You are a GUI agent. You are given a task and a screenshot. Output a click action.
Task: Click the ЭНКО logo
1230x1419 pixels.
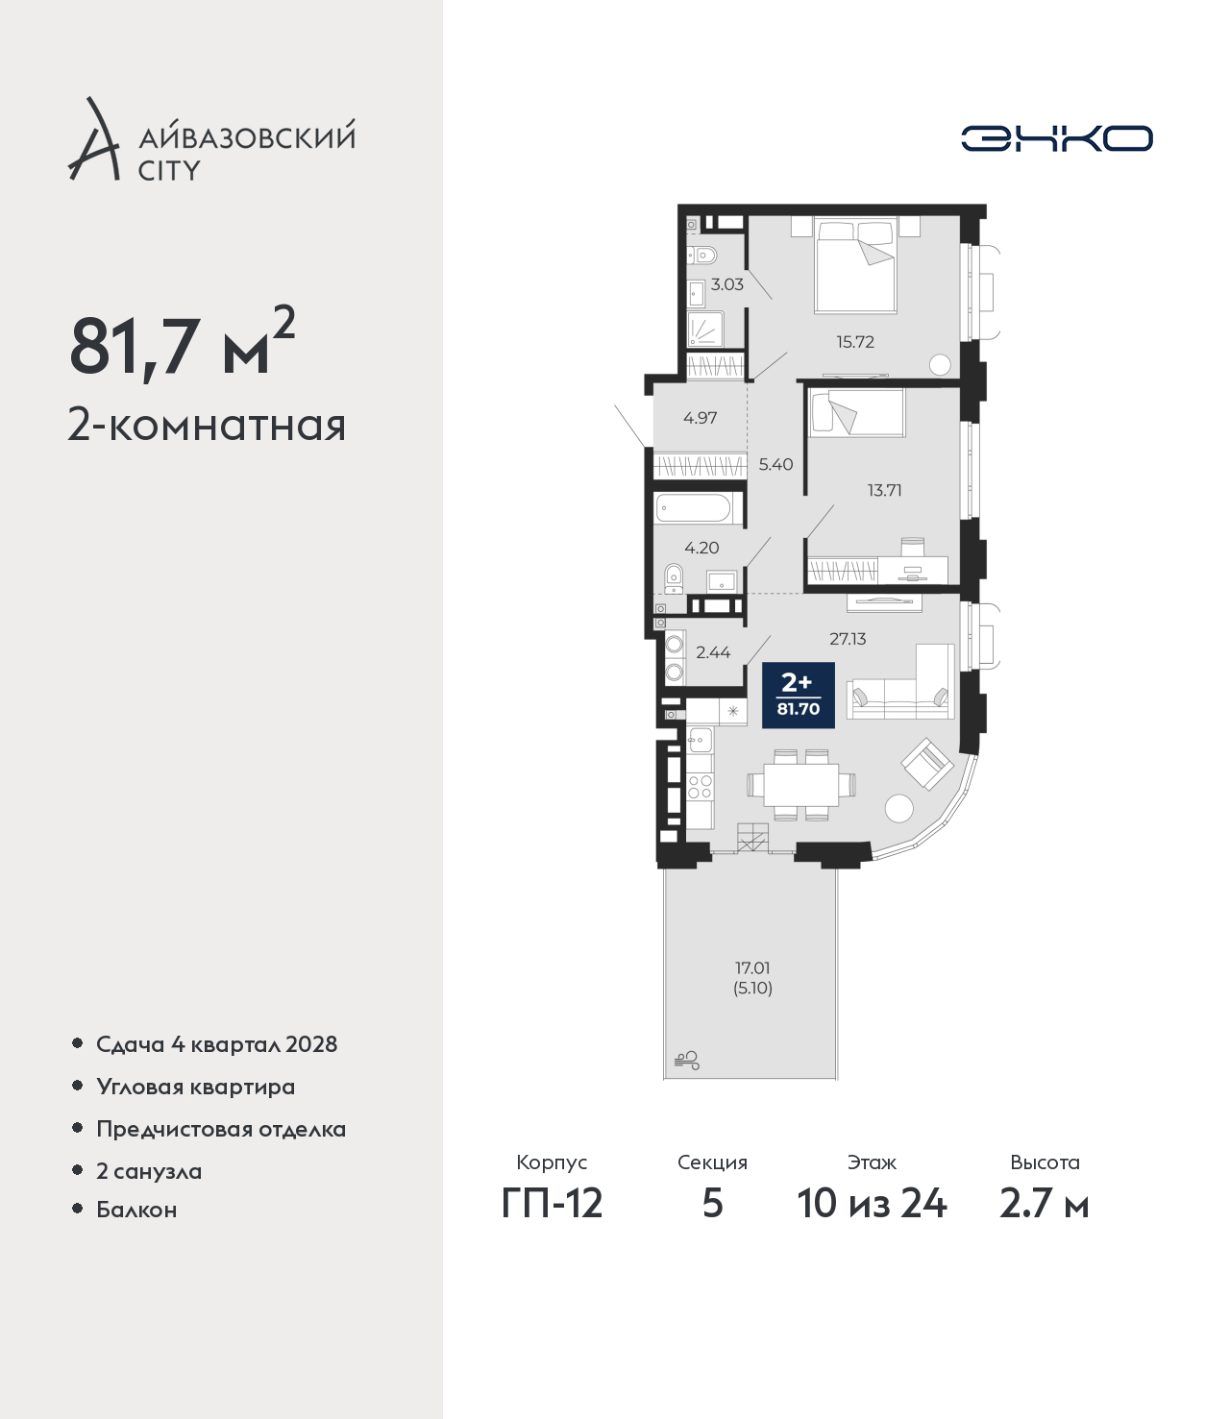point(1056,138)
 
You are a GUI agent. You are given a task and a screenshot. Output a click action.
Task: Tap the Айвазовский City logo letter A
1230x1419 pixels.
point(94,139)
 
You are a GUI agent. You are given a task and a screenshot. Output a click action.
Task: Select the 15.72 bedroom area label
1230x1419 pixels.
point(855,342)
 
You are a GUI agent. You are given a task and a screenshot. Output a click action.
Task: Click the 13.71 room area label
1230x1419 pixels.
point(884,490)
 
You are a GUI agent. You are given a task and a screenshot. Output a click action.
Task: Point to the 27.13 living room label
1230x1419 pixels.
point(848,639)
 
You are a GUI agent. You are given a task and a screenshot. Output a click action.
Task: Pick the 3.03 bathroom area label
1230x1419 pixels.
point(726,284)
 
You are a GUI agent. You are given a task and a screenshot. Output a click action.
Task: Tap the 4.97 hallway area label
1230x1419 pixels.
point(700,417)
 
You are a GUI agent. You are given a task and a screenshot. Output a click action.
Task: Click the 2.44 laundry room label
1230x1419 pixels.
point(713,652)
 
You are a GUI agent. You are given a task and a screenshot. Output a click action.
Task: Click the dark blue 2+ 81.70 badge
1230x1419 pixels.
point(798,695)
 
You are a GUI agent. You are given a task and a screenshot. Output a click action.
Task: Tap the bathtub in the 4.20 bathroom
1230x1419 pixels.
point(700,509)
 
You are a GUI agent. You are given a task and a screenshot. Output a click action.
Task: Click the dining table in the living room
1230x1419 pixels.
point(800,785)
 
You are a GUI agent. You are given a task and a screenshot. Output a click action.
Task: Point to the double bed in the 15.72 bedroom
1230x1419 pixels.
point(855,266)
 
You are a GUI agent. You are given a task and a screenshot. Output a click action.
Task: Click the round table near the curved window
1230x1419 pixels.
point(899,807)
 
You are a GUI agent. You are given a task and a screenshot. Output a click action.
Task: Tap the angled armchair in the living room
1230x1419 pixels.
point(927,764)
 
